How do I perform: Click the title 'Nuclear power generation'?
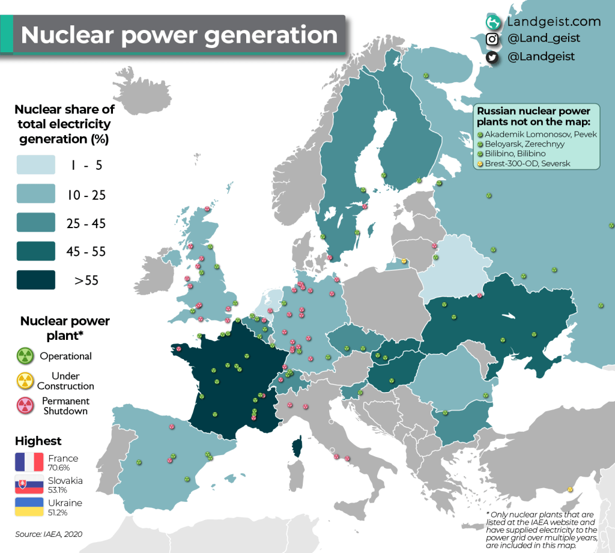click(x=179, y=35)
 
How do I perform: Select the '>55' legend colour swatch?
click(x=35, y=280)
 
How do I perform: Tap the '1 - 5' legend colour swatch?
click(x=35, y=163)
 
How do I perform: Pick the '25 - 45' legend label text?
click(x=86, y=223)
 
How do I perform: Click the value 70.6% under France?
click(x=59, y=467)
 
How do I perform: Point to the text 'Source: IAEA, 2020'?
click(x=49, y=534)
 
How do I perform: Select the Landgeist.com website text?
click(x=553, y=22)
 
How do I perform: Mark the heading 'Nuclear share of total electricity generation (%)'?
click(x=63, y=124)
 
